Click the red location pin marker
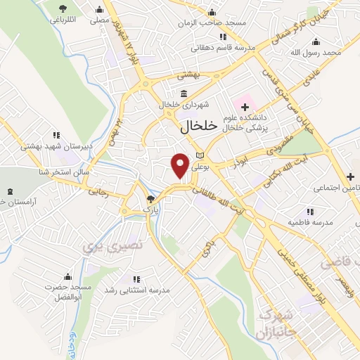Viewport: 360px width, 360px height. pos(181,165)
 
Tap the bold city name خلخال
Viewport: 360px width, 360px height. pos(190,127)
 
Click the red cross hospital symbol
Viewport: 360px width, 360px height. pos(245,107)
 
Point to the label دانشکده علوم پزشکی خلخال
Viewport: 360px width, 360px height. pos(246,123)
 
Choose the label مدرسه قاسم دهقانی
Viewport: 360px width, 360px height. pos(223,49)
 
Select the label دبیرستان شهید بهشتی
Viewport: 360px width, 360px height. pos(53,146)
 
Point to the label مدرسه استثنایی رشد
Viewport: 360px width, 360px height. pos(138,290)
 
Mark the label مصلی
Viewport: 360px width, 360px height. pos(99,20)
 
